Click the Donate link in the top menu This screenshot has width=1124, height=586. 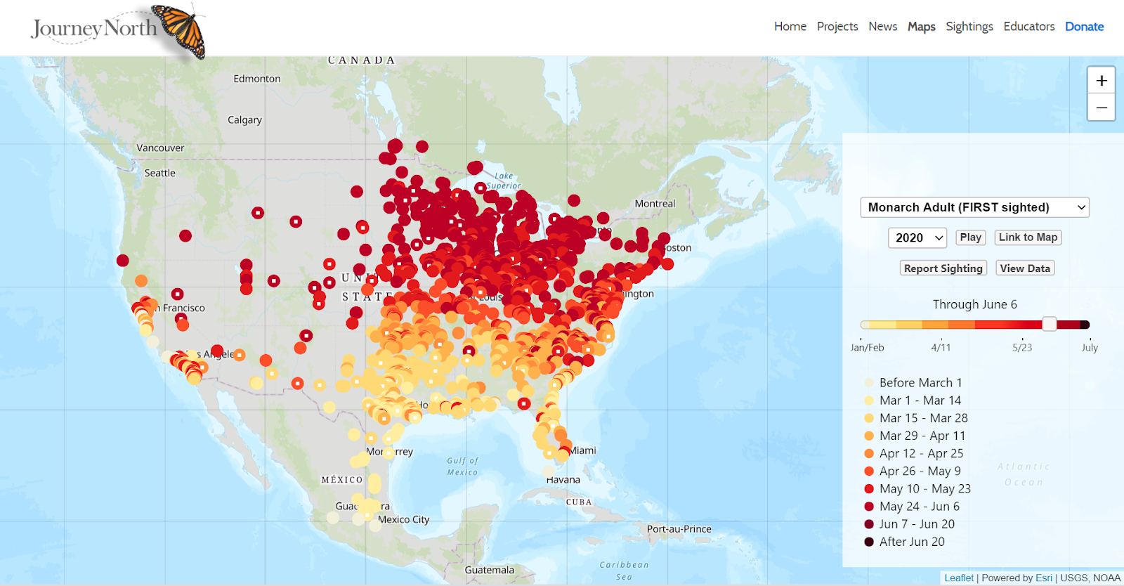pos(1084,27)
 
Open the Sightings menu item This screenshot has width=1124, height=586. pos(969,27)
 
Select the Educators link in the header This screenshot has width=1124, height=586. pos(1028,27)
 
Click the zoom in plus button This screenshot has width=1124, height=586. pos(1101,81)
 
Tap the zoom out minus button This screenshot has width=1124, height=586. pos(1101,108)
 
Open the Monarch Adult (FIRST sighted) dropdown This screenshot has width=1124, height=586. pos(974,207)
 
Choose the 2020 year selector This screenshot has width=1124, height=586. pos(917,237)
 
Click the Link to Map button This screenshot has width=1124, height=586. pos(1028,237)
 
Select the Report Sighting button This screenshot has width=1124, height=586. pos(943,268)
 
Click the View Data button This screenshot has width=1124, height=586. pos(1024,268)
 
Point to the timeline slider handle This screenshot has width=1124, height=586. pos(1049,324)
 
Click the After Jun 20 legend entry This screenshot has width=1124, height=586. pos(911,542)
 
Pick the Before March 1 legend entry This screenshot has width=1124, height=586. pos(920,383)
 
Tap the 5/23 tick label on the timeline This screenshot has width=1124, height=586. pos(1022,348)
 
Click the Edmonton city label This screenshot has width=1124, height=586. pos(257,79)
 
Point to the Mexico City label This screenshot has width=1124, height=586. pos(403,520)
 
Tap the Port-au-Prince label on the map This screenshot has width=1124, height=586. pos(679,529)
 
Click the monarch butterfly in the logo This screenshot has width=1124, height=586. pos(180,30)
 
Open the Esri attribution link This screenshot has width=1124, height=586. pos(1043,578)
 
